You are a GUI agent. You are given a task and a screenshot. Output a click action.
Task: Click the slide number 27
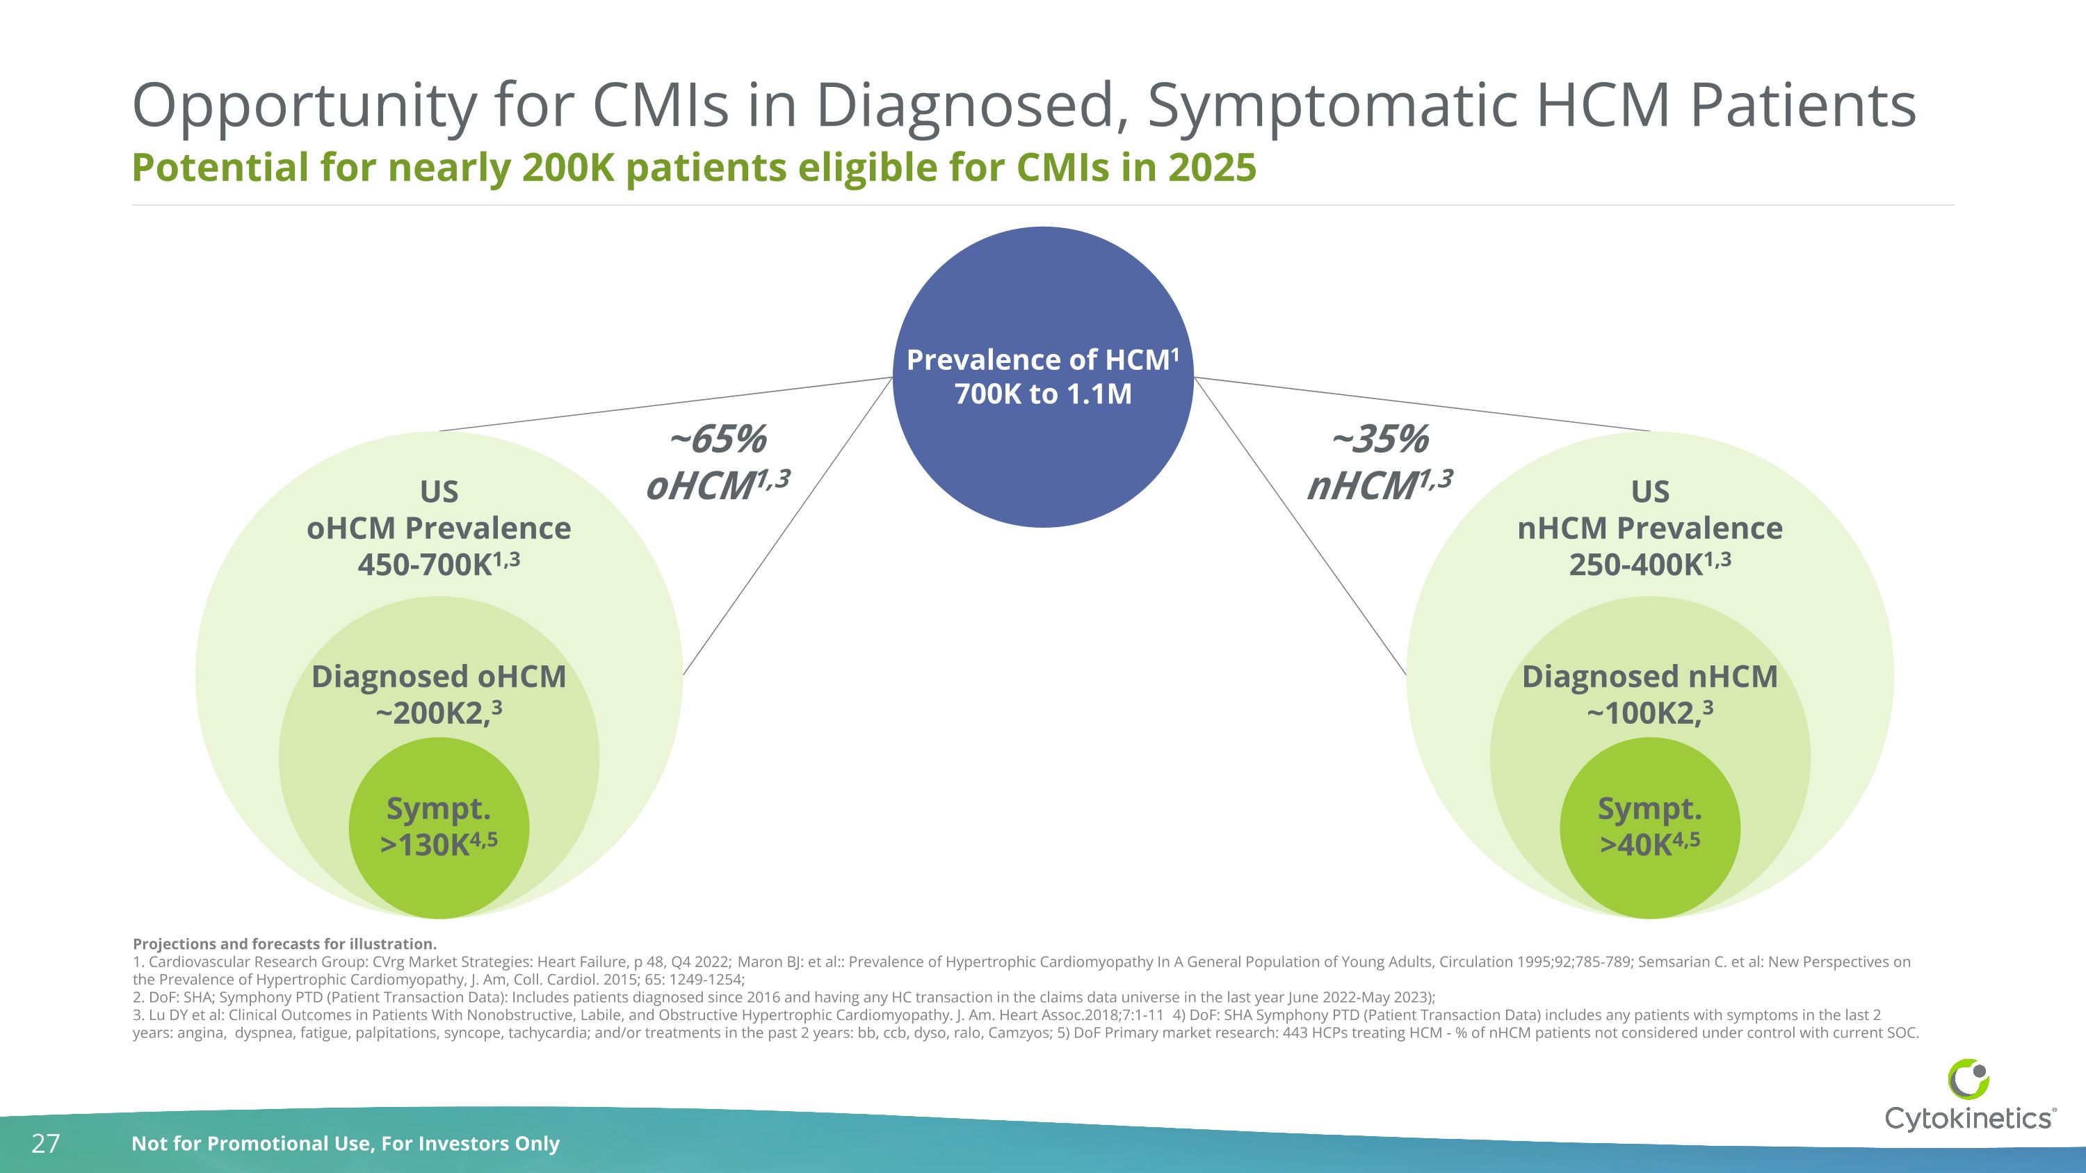(45, 1143)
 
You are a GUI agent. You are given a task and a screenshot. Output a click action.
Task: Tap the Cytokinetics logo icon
(1968, 1079)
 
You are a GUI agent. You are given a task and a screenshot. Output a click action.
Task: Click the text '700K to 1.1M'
(1043, 394)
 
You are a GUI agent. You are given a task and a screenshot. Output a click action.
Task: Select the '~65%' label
(717, 439)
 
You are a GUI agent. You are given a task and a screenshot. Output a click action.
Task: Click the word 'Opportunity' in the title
(305, 106)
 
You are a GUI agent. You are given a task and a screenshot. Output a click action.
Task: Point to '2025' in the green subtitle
(1211, 168)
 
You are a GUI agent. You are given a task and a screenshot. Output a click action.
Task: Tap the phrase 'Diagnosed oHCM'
(439, 677)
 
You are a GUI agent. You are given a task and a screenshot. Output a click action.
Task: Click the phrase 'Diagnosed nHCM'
(1649, 677)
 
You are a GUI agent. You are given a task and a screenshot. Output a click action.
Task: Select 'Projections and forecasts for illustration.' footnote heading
(284, 944)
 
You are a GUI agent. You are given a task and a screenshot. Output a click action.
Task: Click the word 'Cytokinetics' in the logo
(1968, 1119)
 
